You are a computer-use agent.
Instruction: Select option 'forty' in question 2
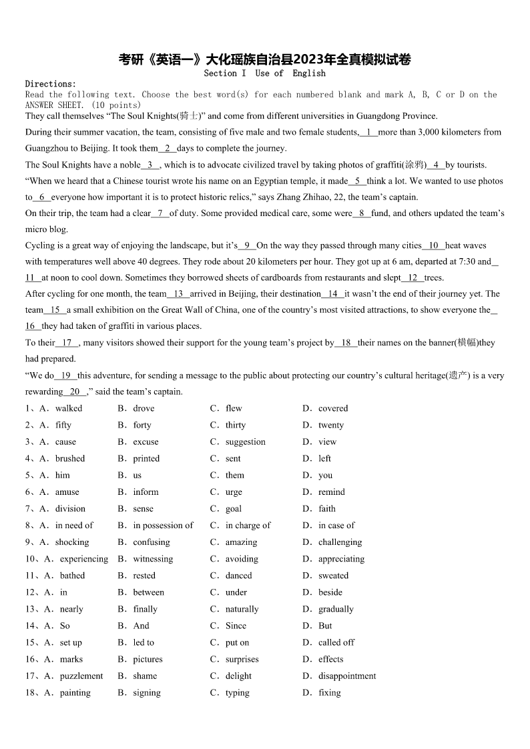(x=142, y=425)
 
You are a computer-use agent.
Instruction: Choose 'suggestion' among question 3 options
(x=245, y=442)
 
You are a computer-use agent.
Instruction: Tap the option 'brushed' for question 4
(x=70, y=458)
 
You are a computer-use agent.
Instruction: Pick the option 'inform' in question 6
(x=146, y=492)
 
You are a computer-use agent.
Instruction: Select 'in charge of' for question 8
(x=248, y=525)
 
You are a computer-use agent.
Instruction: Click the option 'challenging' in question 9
(x=340, y=542)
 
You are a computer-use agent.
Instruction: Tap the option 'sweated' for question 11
(x=333, y=576)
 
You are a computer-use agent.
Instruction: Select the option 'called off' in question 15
(x=336, y=642)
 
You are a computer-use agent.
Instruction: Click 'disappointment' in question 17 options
(x=347, y=676)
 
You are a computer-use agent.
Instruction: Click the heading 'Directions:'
(x=51, y=84)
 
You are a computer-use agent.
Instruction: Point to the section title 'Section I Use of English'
(x=264, y=73)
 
